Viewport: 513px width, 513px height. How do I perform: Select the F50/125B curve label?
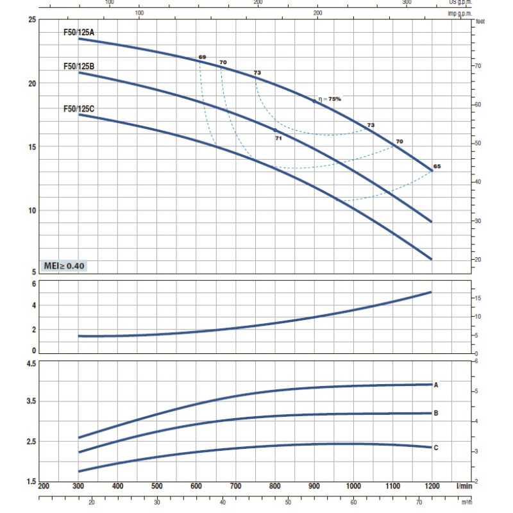[78, 66]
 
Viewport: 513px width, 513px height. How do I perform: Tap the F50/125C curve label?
[78, 109]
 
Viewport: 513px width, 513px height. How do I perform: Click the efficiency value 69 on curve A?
[202, 58]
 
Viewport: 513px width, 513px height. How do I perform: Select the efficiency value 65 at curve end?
[437, 166]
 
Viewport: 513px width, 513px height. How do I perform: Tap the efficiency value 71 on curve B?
[278, 138]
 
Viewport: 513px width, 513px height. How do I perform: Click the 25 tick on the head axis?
[32, 20]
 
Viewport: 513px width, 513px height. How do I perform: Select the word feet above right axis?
[480, 21]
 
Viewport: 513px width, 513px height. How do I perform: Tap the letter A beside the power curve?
[436, 385]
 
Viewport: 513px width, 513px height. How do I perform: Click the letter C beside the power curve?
[436, 448]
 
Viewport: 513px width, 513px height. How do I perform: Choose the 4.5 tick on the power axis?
[31, 364]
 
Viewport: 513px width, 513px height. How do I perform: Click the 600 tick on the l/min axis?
[196, 487]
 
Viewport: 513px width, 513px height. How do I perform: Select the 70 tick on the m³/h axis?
[419, 502]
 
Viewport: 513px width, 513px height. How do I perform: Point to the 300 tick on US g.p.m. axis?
[407, 3]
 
